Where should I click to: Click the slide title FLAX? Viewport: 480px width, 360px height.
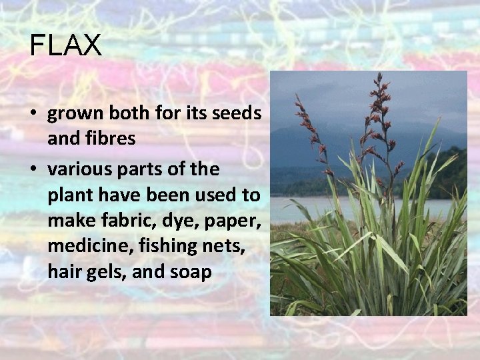[65, 45]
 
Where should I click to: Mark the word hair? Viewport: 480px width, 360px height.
[64, 272]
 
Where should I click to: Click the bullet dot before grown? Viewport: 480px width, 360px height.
[32, 114]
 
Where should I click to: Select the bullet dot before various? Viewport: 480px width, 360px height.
[32, 170]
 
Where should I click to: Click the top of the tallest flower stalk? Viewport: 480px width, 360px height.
[379, 77]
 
